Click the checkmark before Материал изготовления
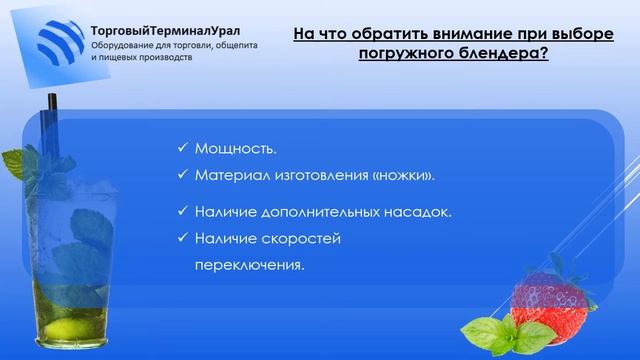coord(182,175)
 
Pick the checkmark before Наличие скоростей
coord(182,239)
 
